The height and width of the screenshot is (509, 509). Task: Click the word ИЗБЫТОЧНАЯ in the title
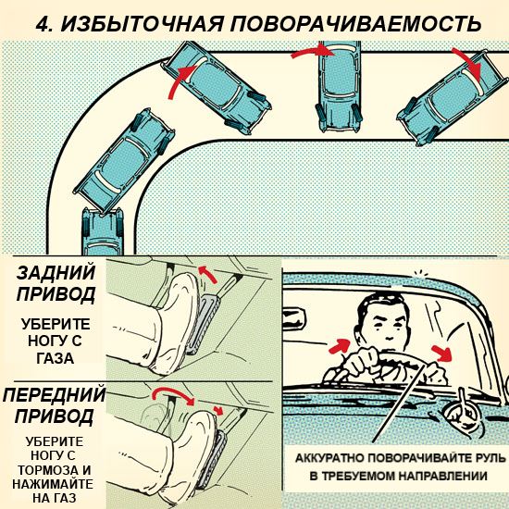[143, 23]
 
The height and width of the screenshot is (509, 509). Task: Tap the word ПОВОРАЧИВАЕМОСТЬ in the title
[355, 23]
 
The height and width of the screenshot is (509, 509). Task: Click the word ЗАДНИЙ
[56, 273]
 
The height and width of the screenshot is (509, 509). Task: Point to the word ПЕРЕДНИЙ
[55, 394]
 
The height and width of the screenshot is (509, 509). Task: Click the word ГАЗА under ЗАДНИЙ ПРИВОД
[56, 358]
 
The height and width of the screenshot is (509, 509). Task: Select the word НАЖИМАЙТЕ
[53, 484]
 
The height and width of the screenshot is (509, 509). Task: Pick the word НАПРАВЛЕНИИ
[442, 477]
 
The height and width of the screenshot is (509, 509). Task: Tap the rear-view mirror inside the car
[294, 320]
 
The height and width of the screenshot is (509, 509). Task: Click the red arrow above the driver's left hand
[340, 346]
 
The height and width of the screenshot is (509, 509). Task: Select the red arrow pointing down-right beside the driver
[442, 354]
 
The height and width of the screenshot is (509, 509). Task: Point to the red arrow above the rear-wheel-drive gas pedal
[207, 274]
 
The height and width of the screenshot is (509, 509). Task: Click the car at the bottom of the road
[102, 231]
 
